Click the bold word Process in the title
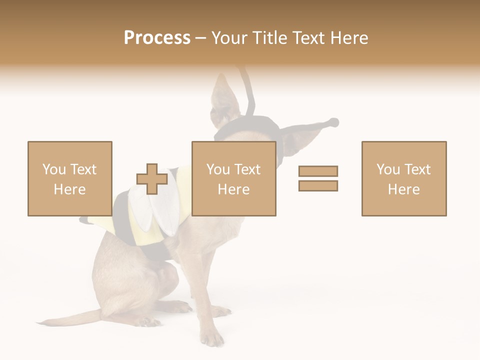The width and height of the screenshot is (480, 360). (157, 38)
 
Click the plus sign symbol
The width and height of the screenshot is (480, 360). (152, 179)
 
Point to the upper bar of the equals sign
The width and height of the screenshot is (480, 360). (318, 171)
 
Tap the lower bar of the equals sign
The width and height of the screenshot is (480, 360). (318, 185)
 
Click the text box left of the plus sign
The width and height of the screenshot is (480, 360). (69, 178)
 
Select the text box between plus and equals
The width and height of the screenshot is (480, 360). (233, 178)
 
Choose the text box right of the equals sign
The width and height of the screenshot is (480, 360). (403, 178)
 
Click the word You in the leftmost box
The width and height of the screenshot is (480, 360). (53, 169)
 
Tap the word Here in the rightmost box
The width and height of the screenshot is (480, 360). (403, 189)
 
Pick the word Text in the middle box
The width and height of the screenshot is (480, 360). (247, 169)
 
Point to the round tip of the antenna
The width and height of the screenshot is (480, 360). (333, 122)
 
